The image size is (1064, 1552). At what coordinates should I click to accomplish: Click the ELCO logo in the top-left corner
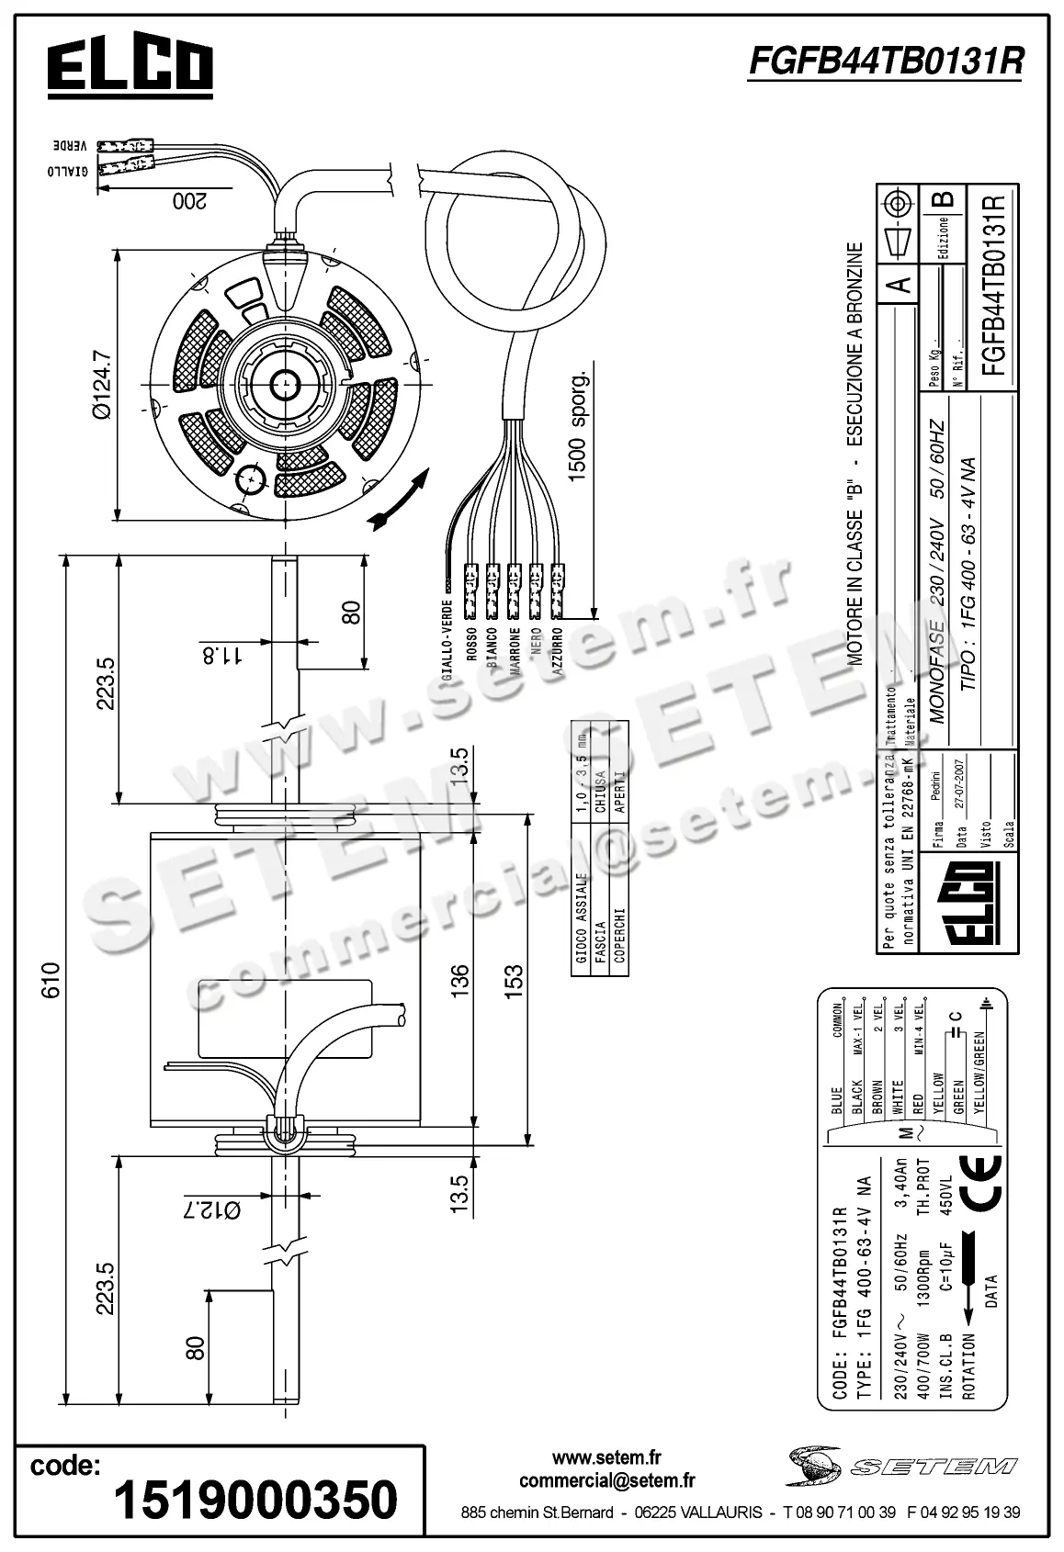tap(130, 67)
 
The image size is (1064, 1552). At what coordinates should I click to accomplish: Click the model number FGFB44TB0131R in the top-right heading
tap(886, 61)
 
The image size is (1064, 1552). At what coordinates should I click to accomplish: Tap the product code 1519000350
tap(255, 1500)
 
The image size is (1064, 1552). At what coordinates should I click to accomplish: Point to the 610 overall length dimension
tap(51, 979)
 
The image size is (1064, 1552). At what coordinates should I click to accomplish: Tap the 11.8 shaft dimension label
tap(221, 654)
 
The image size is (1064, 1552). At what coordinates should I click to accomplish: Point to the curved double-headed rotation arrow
tap(398, 501)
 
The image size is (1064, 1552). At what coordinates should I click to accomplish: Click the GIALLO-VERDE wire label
tap(447, 637)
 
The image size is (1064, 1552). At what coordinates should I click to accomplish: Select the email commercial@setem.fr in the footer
tap(606, 1479)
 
